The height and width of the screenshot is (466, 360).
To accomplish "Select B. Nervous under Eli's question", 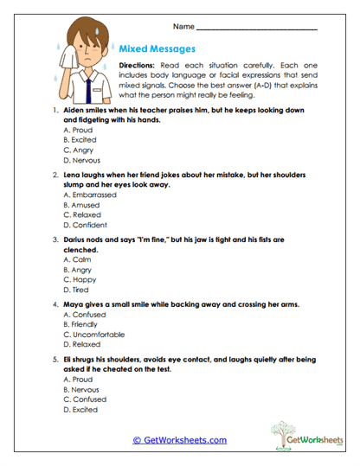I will click(83, 389).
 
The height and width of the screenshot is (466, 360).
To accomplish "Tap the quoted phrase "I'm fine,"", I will click(155, 239).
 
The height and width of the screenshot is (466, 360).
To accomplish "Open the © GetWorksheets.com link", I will click(179, 440).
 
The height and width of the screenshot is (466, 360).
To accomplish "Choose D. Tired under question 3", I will click(76, 290).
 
